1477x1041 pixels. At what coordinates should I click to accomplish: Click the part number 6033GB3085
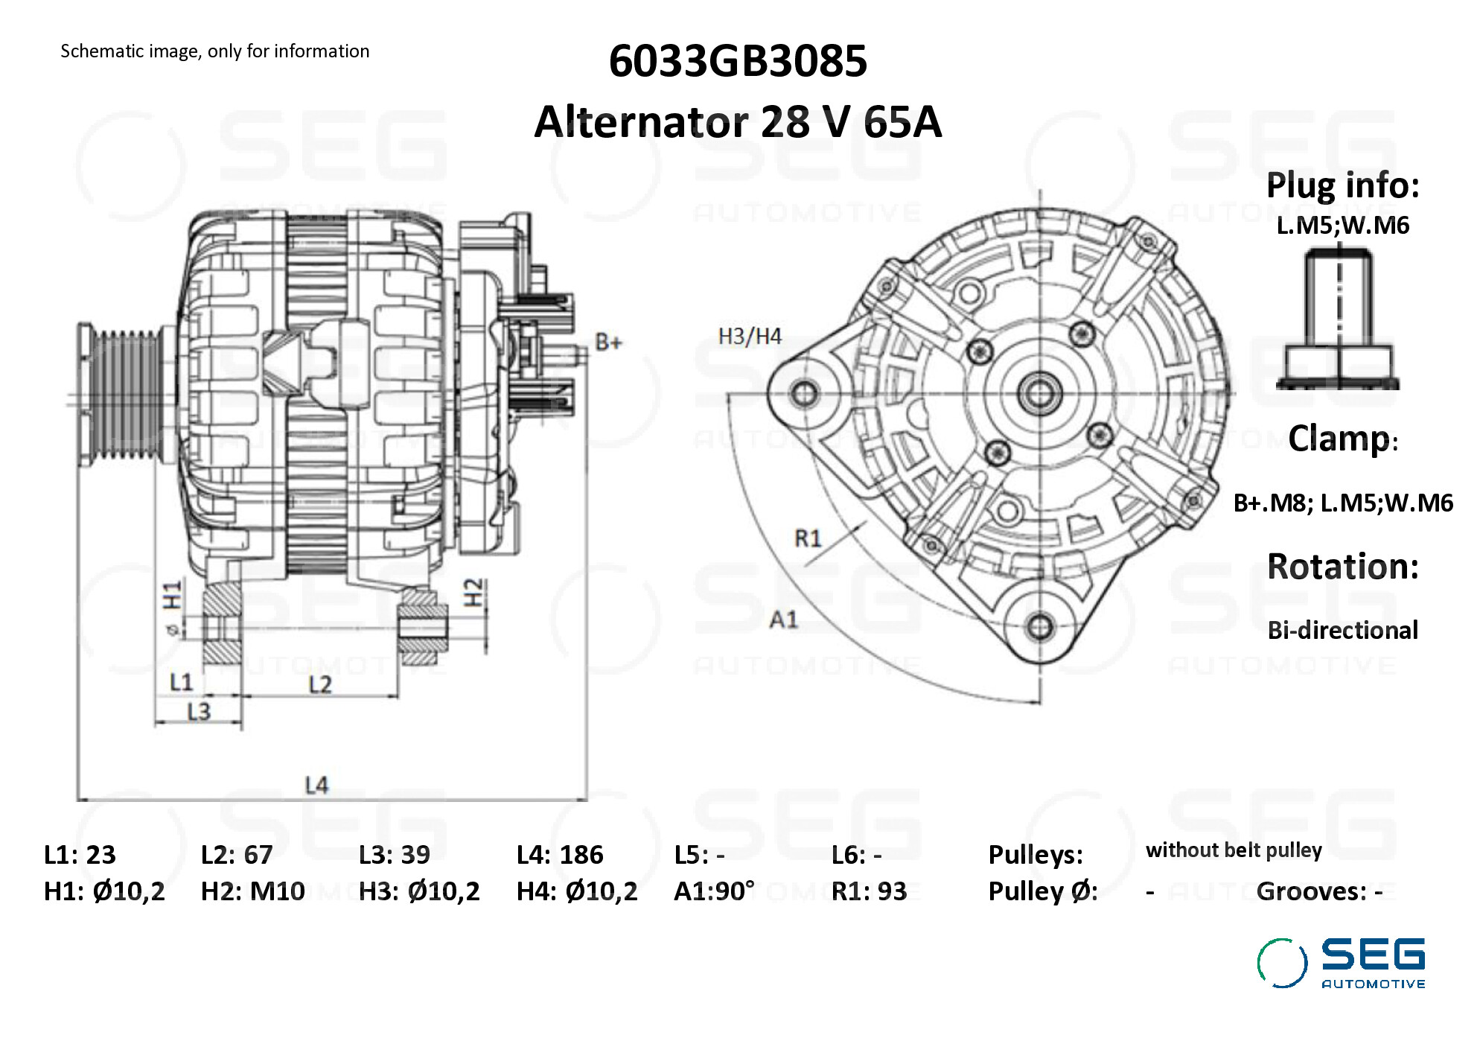pyautogui.click(x=737, y=61)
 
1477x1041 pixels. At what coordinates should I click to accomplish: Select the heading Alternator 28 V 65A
pyautogui.click(x=737, y=122)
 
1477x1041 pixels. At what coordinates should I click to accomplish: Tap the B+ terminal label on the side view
pyautogui.click(x=608, y=343)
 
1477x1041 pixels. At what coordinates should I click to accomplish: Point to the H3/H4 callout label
pyautogui.click(x=749, y=337)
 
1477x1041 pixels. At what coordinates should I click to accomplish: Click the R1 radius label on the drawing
pyautogui.click(x=808, y=538)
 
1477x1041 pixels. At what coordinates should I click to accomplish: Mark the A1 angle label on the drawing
pyautogui.click(x=783, y=620)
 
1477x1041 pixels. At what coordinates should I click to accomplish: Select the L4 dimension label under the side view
pyautogui.click(x=316, y=785)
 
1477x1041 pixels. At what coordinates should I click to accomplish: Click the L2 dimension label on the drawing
pyautogui.click(x=320, y=684)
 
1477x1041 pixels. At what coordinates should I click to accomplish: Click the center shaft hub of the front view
pyautogui.click(x=1040, y=393)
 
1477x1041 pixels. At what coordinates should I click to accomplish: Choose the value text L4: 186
pyautogui.click(x=559, y=855)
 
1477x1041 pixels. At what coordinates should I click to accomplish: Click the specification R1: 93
pyautogui.click(x=869, y=891)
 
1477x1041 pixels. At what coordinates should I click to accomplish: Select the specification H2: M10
pyautogui.click(x=252, y=891)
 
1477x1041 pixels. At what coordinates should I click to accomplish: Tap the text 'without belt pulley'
pyautogui.click(x=1234, y=850)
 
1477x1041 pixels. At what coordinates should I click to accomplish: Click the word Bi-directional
pyautogui.click(x=1342, y=631)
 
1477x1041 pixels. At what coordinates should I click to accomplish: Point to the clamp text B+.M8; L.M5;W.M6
pyautogui.click(x=1342, y=503)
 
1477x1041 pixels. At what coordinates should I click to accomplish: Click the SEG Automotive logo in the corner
pyautogui.click(x=1341, y=963)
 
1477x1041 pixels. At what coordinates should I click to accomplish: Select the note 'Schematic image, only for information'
pyautogui.click(x=214, y=51)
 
